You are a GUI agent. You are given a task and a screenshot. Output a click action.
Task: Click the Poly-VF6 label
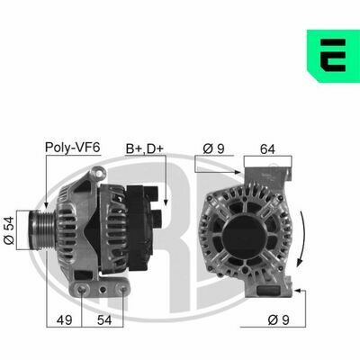(72, 148)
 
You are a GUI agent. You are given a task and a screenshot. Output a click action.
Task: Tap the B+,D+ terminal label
(145, 148)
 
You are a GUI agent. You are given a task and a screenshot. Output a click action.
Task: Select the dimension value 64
(267, 149)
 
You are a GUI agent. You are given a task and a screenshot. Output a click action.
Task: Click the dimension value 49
(65, 320)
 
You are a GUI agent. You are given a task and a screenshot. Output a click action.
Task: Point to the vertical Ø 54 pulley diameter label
(9, 229)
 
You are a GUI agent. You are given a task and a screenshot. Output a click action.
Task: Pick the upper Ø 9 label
(213, 148)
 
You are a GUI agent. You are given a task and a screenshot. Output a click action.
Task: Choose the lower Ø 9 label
(278, 320)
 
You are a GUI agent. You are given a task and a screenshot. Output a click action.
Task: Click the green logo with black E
(333, 56)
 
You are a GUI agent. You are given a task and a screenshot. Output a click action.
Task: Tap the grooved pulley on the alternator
(41, 229)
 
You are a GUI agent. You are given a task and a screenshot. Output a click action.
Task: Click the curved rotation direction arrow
(301, 238)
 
